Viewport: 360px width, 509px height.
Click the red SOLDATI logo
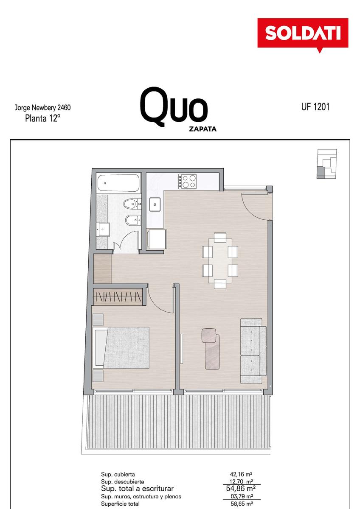point(302,34)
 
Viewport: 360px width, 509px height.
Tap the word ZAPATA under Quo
point(202,129)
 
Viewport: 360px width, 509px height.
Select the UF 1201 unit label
point(315,106)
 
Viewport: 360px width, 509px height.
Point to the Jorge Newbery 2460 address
point(42,107)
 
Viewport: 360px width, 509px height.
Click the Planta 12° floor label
point(42,118)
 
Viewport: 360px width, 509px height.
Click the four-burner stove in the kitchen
point(187,181)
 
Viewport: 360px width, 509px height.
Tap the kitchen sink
point(155,204)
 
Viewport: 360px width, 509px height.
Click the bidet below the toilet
point(133,220)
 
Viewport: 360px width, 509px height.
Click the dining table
point(220,261)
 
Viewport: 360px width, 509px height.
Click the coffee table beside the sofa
point(211,349)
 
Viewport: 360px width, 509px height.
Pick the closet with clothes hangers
point(118,297)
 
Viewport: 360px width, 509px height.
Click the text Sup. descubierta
point(122,481)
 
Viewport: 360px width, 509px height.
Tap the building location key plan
point(327,164)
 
